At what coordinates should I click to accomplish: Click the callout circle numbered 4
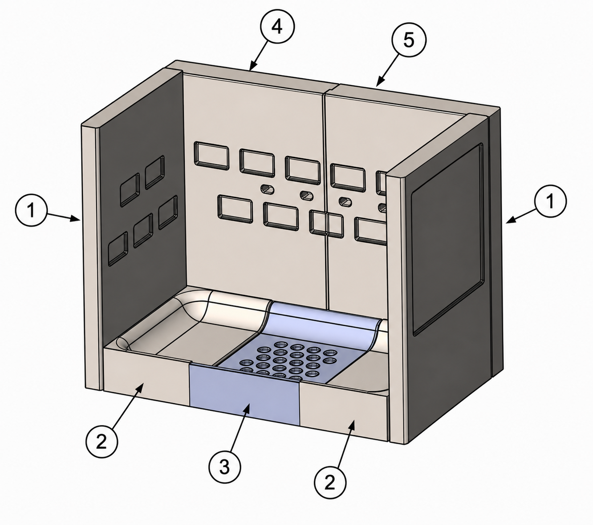tap(277, 27)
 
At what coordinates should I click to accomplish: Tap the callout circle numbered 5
tap(409, 40)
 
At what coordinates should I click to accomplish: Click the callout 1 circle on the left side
tap(31, 210)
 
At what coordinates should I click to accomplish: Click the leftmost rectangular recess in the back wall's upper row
tap(211, 156)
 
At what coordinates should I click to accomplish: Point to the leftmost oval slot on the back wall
tap(268, 189)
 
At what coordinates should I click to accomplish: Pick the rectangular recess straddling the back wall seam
tap(326, 224)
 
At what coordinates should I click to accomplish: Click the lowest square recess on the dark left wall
tap(118, 248)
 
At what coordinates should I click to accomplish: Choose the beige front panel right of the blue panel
tap(344, 413)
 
